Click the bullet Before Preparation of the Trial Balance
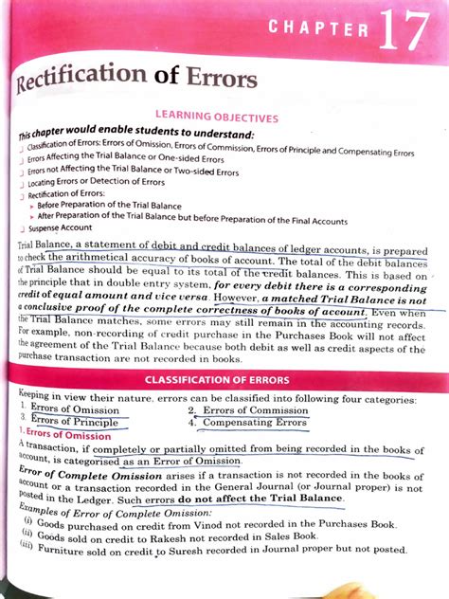pos(117,204)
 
